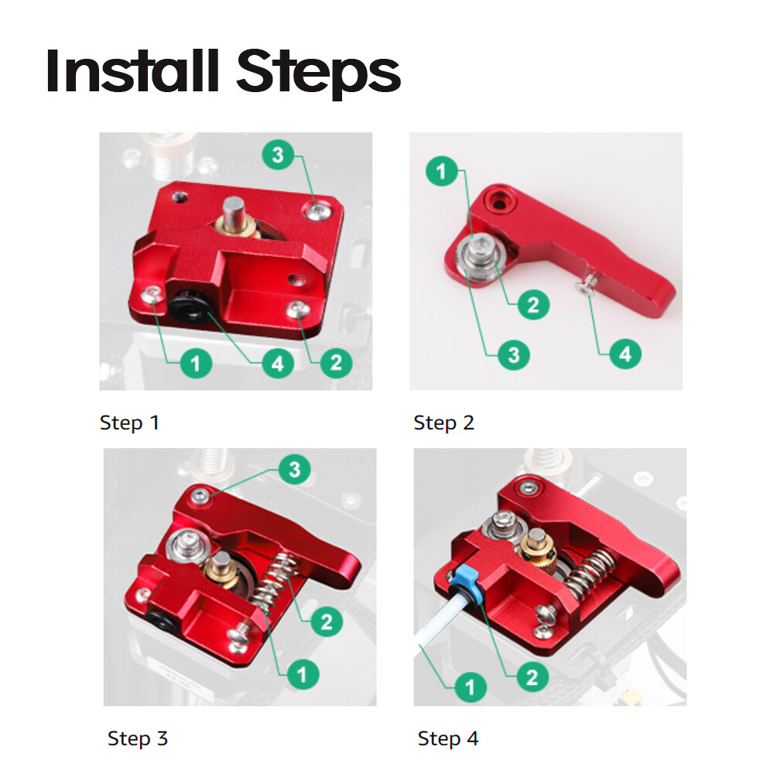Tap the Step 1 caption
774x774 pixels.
pyautogui.click(x=129, y=423)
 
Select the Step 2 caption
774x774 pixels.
pyautogui.click(x=444, y=423)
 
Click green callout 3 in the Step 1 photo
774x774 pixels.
pyautogui.click(x=278, y=156)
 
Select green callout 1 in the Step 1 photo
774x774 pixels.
pyautogui.click(x=196, y=361)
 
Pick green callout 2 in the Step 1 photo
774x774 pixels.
pyautogui.click(x=336, y=361)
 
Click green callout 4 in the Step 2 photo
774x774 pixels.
pyautogui.click(x=625, y=354)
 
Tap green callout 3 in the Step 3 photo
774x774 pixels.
pyautogui.click(x=294, y=468)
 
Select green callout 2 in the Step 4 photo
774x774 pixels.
pyautogui.click(x=532, y=677)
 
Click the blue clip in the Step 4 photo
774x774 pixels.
pyautogui.click(x=467, y=577)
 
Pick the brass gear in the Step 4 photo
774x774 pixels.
pyautogui.click(x=536, y=547)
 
